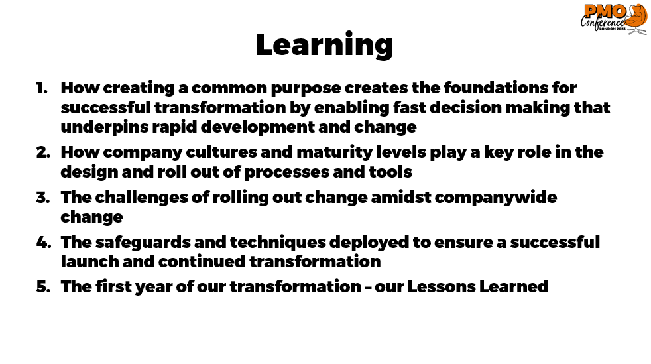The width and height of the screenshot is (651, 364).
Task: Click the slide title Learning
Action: (x=324, y=45)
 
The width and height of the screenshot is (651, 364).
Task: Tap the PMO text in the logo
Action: (x=604, y=12)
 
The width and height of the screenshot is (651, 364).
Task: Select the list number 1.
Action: (x=42, y=88)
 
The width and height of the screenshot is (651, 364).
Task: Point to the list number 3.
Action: (x=43, y=197)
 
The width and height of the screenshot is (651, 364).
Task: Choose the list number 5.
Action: (x=43, y=287)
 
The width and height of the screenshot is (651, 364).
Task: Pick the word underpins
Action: (x=104, y=127)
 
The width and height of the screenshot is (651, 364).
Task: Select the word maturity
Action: (x=335, y=152)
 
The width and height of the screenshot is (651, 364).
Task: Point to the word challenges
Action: (x=142, y=198)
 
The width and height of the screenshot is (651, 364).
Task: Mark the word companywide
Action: (x=495, y=198)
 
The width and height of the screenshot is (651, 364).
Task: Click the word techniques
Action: (x=278, y=243)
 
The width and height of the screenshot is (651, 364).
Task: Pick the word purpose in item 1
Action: (x=306, y=88)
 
